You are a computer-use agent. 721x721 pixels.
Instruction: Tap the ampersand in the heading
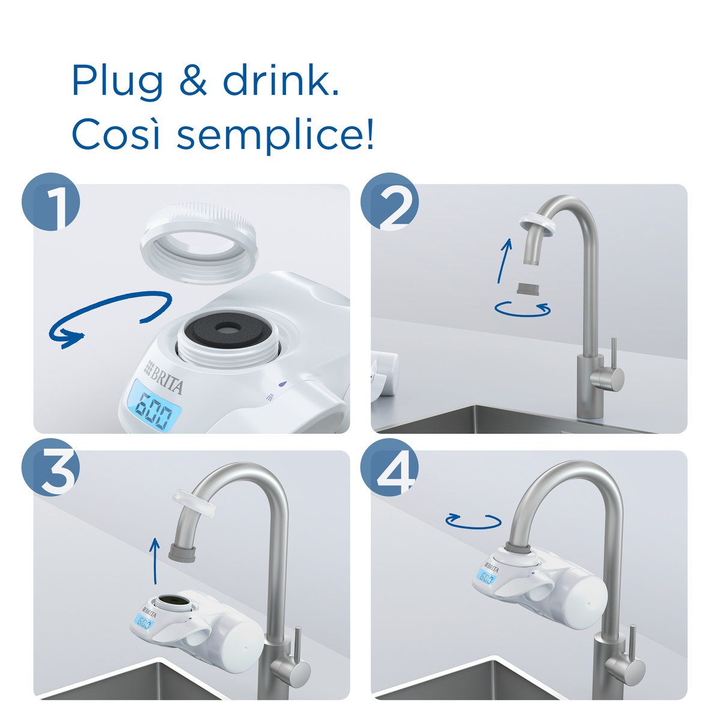193,80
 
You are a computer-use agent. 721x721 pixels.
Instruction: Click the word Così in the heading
116,133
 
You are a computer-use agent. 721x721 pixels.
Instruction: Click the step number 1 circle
51,201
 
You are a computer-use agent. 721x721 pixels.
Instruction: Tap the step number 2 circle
389,201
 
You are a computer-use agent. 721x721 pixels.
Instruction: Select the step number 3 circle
51,467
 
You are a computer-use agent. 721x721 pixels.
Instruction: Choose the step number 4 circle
389,467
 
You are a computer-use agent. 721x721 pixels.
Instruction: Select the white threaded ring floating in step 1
199,242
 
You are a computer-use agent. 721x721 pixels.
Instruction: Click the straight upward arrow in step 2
504,261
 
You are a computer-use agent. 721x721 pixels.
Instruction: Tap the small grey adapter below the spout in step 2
528,289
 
